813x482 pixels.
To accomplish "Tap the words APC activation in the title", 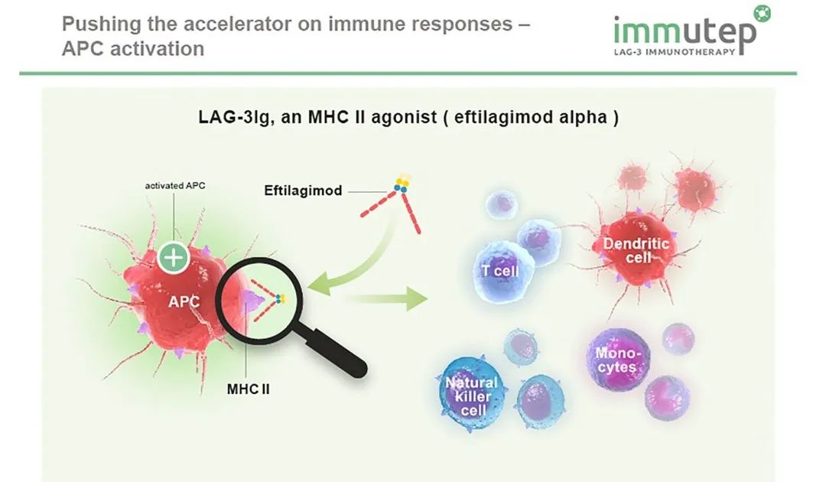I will (133, 48).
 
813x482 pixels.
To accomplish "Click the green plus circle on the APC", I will (174, 258).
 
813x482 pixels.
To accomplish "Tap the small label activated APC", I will (174, 186).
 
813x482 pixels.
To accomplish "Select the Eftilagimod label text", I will (304, 190).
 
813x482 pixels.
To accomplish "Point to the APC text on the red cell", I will (184, 301).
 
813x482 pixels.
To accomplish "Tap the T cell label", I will (502, 270).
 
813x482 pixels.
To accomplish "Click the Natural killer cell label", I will (471, 395).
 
